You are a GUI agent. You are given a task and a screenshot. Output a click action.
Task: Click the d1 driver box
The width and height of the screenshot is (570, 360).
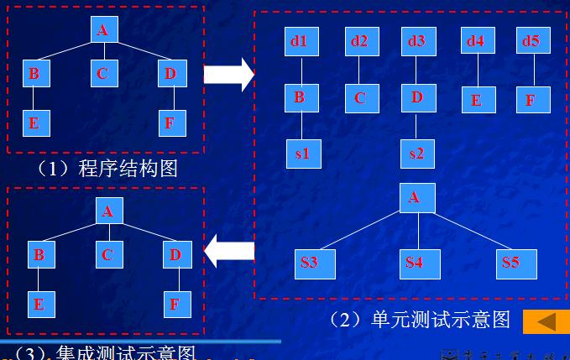click(300, 41)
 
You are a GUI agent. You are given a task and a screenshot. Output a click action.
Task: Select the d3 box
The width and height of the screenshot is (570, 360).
click(416, 41)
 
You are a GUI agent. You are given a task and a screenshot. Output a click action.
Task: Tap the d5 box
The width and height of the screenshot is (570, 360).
click(531, 41)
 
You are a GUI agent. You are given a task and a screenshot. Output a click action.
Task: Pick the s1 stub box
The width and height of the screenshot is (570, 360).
click(303, 153)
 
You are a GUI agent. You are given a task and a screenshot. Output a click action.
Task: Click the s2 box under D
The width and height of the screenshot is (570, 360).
click(417, 153)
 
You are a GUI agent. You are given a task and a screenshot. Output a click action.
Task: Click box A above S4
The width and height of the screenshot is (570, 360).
click(414, 198)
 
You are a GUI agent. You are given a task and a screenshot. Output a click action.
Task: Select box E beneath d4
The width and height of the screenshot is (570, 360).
click(477, 99)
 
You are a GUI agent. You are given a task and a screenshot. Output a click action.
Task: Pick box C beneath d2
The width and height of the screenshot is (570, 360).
click(359, 97)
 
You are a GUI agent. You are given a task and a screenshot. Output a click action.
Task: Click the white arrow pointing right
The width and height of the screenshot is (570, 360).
click(228, 75)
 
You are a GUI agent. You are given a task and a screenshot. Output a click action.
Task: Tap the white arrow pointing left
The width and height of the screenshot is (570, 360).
click(229, 250)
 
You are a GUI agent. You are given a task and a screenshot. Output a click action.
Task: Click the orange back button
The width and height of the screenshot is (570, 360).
click(545, 321)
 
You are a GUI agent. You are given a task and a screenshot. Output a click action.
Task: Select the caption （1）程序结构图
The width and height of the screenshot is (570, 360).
click(107, 168)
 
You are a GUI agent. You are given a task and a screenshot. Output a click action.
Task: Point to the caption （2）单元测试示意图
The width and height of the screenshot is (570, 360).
click(420, 319)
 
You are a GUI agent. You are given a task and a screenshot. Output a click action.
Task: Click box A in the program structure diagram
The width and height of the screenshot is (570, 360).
click(102, 30)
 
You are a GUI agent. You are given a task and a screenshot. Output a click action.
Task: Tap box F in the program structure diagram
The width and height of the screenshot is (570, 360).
click(170, 123)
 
